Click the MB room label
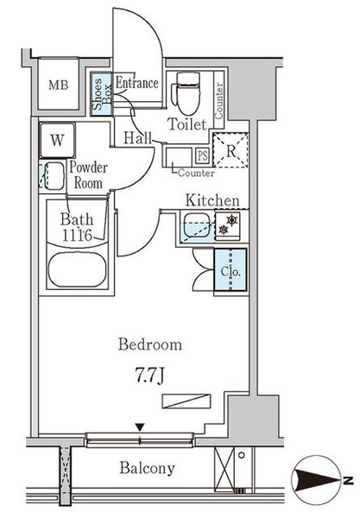point(59,85)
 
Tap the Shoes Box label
point(101,93)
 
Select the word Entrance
point(136,83)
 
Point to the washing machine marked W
point(58,140)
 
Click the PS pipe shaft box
point(203,155)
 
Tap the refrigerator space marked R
point(231,150)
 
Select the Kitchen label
point(212,200)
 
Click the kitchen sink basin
point(197,225)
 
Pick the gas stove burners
point(228,224)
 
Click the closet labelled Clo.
point(231,269)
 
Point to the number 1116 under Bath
point(77,235)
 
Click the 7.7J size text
point(149,376)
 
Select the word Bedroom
point(150,344)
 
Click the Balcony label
point(147,468)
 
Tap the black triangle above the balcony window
point(140,427)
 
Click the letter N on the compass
point(347,480)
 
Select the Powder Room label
point(88,175)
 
